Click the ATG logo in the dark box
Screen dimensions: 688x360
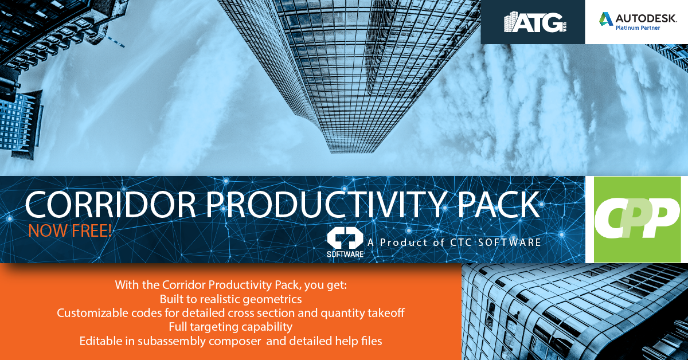click(x=535, y=22)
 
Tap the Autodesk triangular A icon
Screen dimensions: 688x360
click(x=605, y=19)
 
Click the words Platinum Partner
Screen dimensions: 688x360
click(x=638, y=28)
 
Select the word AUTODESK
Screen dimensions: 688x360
click(x=646, y=19)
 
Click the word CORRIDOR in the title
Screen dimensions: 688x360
click(x=111, y=204)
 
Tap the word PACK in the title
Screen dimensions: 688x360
click(x=498, y=204)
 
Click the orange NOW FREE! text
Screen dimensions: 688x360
click(x=70, y=230)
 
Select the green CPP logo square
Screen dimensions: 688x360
click(x=638, y=220)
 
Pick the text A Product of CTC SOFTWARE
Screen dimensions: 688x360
click(x=454, y=242)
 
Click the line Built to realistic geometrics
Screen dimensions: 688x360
click(x=230, y=299)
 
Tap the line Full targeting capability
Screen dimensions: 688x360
click(x=230, y=327)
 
